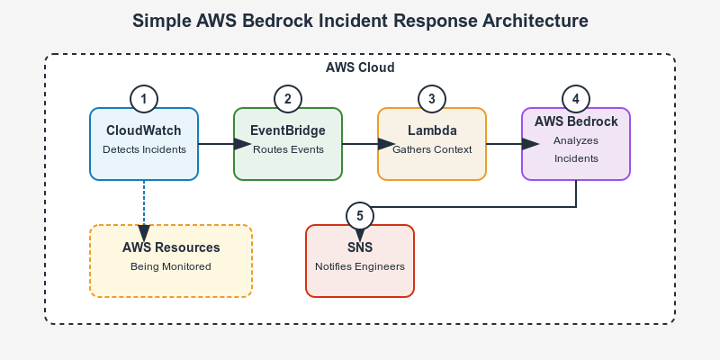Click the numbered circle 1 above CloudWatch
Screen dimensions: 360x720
(x=144, y=99)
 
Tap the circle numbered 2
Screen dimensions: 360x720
(x=288, y=99)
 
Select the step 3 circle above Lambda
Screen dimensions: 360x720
(x=432, y=99)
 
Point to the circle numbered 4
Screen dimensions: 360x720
(x=576, y=99)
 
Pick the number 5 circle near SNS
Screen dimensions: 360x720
(x=360, y=216)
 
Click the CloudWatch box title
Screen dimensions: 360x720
(x=144, y=130)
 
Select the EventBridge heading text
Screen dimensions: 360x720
(x=288, y=130)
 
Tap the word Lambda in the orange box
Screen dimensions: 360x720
(x=432, y=130)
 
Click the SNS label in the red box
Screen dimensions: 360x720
(x=360, y=247)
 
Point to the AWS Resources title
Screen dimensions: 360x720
(x=171, y=247)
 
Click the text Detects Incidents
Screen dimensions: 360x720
(x=144, y=149)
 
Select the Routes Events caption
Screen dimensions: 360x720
(x=288, y=149)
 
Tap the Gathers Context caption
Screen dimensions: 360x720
(x=432, y=149)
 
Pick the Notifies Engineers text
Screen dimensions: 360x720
(x=360, y=266)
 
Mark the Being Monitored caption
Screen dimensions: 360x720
(x=171, y=266)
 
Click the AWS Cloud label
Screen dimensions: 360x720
(x=360, y=67)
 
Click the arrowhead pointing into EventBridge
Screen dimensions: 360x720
(x=242, y=144)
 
